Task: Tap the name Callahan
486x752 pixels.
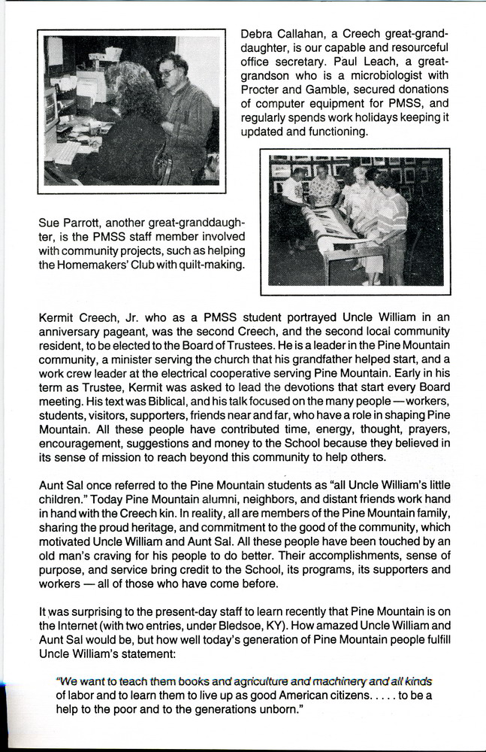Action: click(307, 35)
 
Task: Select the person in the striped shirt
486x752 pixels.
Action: click(394, 218)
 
